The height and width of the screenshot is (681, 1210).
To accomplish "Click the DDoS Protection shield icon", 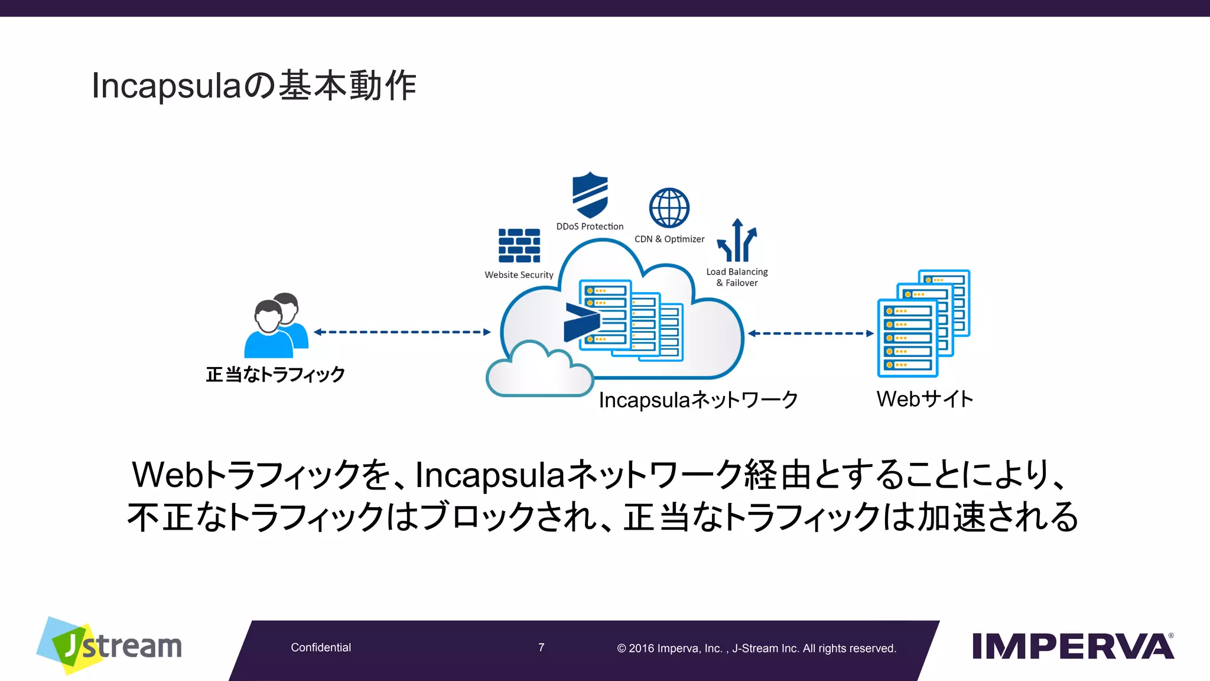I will pos(590,194).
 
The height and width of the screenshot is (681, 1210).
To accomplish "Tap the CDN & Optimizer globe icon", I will pos(669,208).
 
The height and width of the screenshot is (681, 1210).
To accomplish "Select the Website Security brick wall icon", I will pos(519,245).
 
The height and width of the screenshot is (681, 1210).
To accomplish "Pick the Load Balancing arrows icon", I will pos(737,241).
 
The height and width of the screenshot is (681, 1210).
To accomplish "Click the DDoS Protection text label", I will pos(590,226).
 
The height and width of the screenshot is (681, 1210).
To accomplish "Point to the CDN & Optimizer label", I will pos(669,239).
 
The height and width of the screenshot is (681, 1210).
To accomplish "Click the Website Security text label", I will pos(519,275).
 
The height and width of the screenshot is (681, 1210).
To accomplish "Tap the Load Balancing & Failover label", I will pos(737,277).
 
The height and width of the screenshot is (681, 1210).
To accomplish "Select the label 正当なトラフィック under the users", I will pos(275,374).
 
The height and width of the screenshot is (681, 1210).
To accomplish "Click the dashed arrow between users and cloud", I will pos(402,332).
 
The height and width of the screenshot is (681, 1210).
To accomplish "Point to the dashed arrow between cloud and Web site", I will pos(810,333).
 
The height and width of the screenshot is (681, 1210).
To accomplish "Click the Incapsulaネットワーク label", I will pos(698,400).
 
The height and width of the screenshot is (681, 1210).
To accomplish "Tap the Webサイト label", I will pos(925,399).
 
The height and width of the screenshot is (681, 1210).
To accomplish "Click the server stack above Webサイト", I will pos(923,324).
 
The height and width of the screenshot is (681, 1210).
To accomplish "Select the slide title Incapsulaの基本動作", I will pos(254,86).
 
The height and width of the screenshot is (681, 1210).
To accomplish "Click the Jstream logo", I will pos(110,646).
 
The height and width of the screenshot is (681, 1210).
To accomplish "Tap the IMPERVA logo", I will pos(1072,646).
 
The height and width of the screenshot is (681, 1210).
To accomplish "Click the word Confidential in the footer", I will pos(321,647).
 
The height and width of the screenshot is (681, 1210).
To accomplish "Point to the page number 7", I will pos(541,647).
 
